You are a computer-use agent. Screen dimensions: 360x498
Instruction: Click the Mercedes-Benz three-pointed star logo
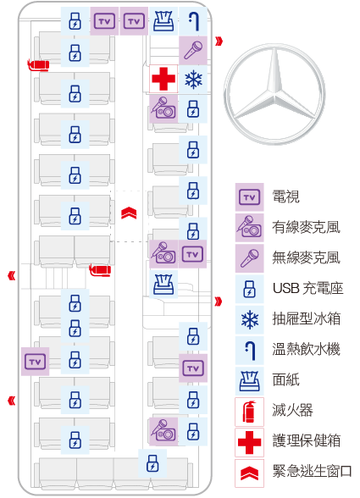pos(274,94)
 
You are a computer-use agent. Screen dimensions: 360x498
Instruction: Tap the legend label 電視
pos(285,196)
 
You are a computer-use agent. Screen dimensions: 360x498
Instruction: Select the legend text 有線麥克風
pos(307,227)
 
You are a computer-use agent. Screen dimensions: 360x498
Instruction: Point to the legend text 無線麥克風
pos(307,257)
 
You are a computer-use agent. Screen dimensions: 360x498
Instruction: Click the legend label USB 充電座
pos(307,288)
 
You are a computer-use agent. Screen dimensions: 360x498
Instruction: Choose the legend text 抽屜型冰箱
pos(307,318)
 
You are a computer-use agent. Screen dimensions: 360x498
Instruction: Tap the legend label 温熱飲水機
pos(307,349)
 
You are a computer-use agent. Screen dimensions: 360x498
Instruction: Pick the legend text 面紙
pos(285,379)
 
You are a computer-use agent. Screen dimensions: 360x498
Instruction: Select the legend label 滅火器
pos(292,410)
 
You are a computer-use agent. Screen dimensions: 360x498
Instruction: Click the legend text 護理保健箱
pos(307,440)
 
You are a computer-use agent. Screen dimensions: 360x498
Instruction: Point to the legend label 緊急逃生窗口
pos(312,471)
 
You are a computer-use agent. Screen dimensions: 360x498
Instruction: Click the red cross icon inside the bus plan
pos(163,79)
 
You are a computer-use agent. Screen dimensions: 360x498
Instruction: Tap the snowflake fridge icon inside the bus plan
pos(193,79)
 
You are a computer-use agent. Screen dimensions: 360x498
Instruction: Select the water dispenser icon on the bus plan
pos(193,21)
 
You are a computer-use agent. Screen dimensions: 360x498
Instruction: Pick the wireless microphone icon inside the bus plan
pos(193,50)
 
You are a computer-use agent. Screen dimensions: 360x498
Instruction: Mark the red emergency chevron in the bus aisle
pos(129,213)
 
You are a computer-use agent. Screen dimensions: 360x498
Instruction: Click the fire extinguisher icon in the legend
pos(249,412)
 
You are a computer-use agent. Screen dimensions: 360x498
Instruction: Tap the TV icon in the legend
pos(249,197)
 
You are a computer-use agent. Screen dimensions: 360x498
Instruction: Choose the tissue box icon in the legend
pos(249,380)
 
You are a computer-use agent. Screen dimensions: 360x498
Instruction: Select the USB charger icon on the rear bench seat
pos(152,463)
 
